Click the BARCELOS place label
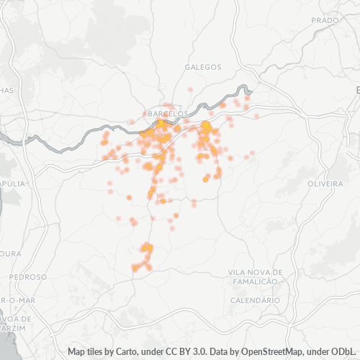pos(166,114)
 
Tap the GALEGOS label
pos(203,66)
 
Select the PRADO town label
pos(325,20)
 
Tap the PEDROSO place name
pos(29,276)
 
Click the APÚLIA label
pos(13,184)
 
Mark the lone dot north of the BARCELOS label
pos(190,89)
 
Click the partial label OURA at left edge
pos(10,253)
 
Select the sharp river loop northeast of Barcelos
pos(247,89)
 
